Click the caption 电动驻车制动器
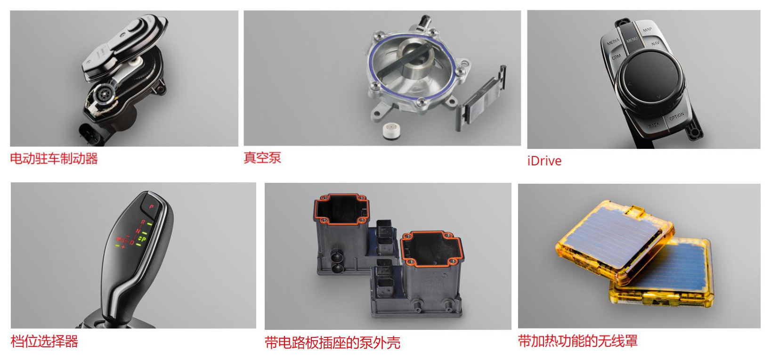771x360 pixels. coord(54,158)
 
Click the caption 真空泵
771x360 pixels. coord(262,157)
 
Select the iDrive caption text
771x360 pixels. coord(544,161)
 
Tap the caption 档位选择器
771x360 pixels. coord(44,341)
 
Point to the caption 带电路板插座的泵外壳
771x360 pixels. coord(332,343)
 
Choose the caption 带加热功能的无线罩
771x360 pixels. coord(577,341)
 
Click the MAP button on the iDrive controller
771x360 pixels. coord(647,29)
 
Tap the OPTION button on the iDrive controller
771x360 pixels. coord(676,116)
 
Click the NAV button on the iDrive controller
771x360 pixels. coord(655,43)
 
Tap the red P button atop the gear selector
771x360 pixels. coord(151,206)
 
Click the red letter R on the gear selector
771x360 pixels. coord(143,222)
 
